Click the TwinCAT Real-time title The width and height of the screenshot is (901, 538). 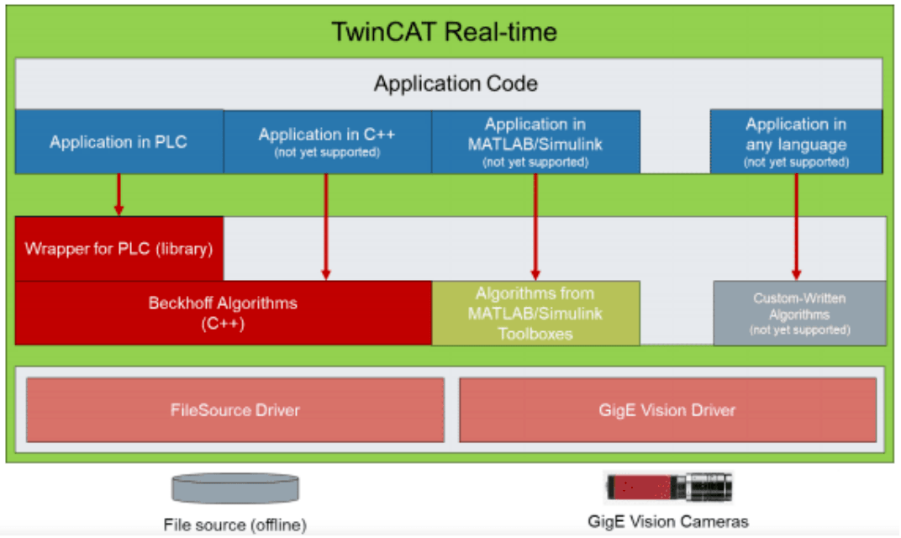pos(445,33)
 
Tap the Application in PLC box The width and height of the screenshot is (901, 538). pos(119,142)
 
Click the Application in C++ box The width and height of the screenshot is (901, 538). pos(327,141)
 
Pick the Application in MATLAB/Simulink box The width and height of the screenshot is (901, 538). pos(535,141)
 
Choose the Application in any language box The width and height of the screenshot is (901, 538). pos(796,141)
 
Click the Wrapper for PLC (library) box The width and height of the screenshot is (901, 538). pos(119,249)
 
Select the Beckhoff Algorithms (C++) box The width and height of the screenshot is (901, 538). pos(223,313)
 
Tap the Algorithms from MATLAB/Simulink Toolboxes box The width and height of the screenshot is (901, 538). pos(535,313)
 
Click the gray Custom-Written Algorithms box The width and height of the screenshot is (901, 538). pos(799,313)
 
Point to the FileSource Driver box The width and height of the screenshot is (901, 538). pos(235,410)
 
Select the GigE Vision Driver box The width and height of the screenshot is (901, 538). pos(667,410)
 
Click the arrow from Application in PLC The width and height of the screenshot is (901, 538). pos(119,194)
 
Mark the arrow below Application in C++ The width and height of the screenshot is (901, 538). pos(327,226)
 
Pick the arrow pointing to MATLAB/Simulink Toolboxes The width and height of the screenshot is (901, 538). pos(535,226)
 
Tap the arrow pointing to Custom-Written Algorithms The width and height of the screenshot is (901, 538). pos(796,226)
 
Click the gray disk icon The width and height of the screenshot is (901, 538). pos(235,488)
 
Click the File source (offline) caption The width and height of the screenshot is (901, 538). pos(235,525)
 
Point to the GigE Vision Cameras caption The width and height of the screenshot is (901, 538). pos(668,522)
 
